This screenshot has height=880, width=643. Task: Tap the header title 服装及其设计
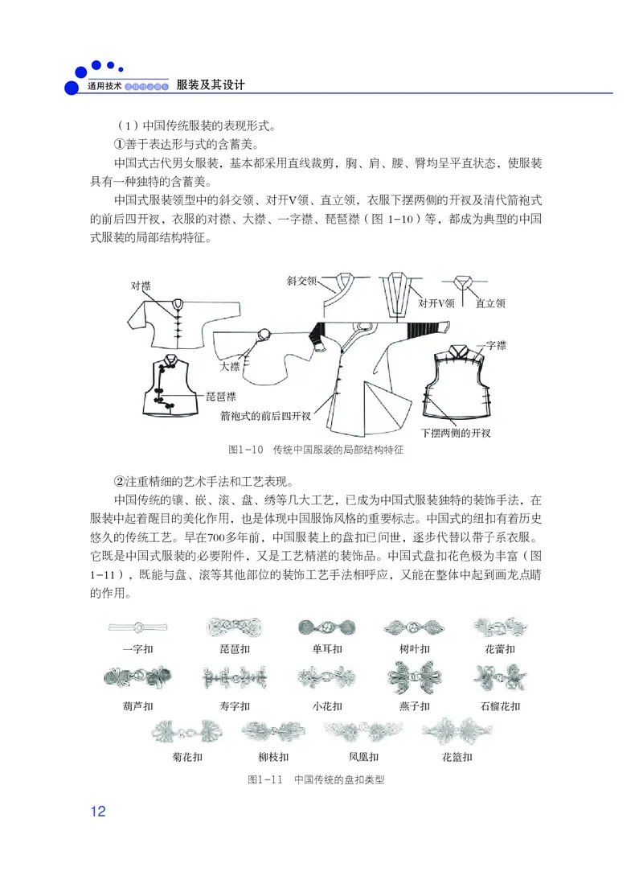pyautogui.click(x=211, y=84)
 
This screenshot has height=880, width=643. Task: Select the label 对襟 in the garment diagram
pyautogui.click(x=141, y=286)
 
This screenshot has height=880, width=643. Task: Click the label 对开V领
pyautogui.click(x=436, y=304)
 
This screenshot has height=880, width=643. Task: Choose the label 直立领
pyautogui.click(x=489, y=304)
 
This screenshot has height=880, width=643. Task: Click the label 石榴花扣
pyautogui.click(x=500, y=706)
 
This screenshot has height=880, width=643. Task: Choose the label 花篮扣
pyautogui.click(x=457, y=757)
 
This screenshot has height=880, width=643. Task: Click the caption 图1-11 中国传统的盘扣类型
pyautogui.click(x=317, y=779)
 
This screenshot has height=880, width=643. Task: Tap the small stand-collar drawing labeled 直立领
pyautogui.click(x=465, y=283)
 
